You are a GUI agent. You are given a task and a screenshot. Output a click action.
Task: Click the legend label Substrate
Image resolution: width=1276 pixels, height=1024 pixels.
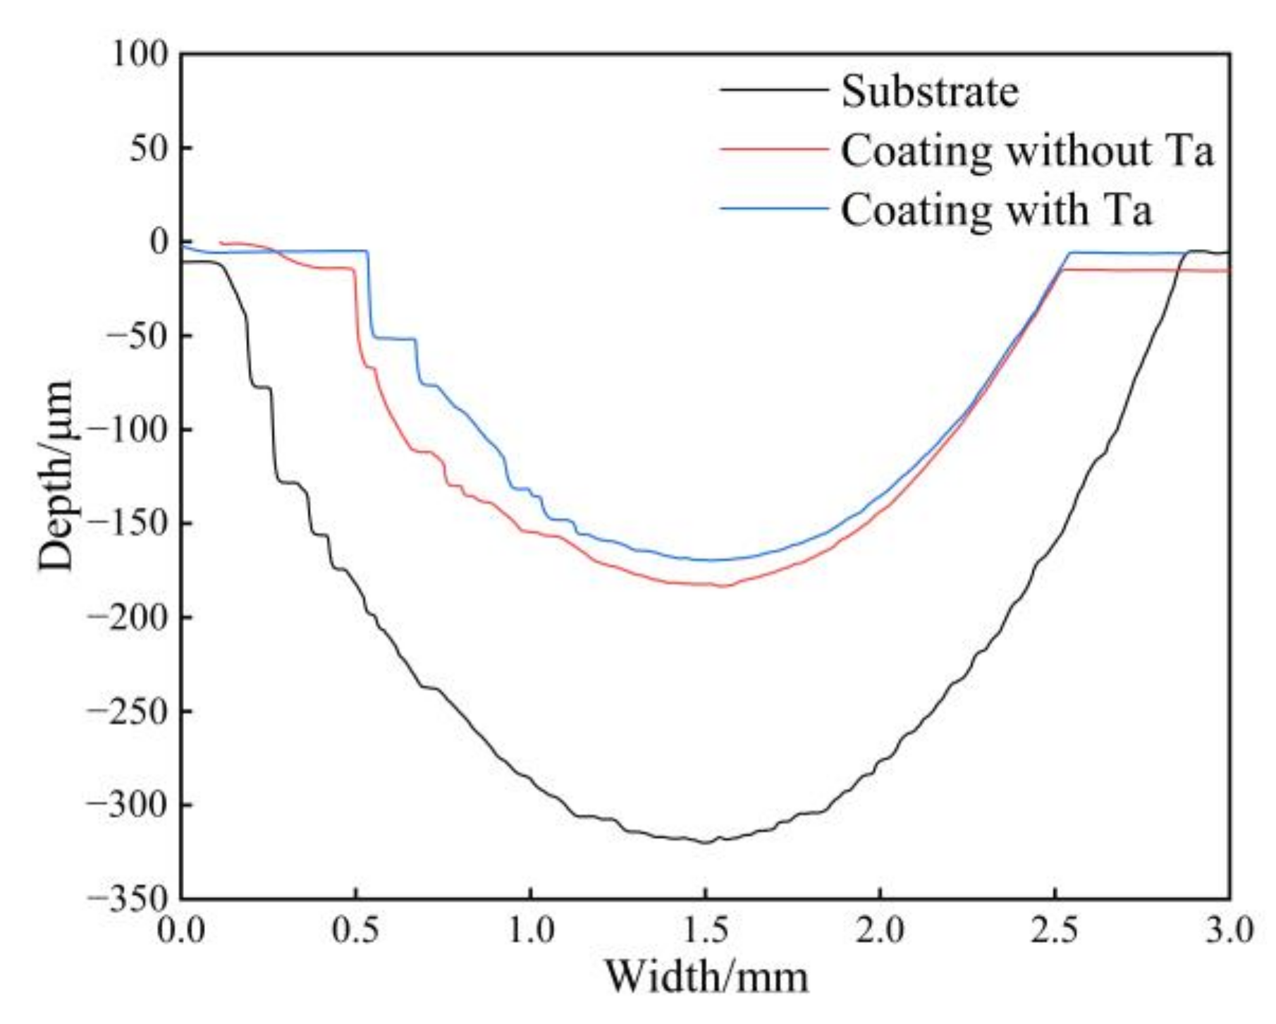[x=930, y=91]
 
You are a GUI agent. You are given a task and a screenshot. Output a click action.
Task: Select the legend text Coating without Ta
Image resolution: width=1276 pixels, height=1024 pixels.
[x=1027, y=150]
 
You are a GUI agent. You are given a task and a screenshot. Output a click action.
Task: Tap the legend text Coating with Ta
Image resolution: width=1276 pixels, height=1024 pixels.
[x=996, y=209]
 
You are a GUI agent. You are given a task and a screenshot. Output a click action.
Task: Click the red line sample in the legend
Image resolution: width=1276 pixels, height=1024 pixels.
[x=773, y=150]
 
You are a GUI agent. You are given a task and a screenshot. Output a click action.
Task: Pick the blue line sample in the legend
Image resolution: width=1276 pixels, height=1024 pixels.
[x=773, y=209]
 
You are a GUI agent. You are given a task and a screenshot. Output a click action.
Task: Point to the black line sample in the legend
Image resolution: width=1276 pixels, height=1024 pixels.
[x=773, y=90]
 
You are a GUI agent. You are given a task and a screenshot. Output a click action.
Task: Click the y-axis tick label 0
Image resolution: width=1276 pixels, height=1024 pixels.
[x=159, y=242]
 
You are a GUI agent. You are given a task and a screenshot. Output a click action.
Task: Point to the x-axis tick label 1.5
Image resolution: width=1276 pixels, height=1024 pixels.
[x=705, y=930]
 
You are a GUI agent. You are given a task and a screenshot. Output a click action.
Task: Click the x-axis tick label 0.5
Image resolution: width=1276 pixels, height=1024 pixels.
[x=356, y=930]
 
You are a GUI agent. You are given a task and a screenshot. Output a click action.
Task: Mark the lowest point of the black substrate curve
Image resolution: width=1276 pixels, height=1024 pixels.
[x=706, y=843]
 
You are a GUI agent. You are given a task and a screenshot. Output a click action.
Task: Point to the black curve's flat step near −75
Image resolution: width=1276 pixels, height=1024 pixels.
[x=262, y=386]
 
